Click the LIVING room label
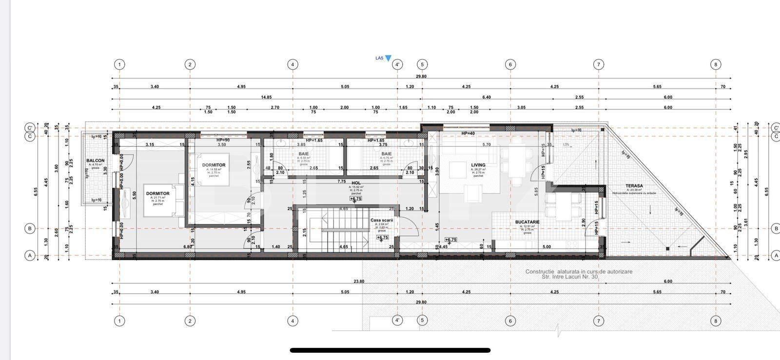point(478,165)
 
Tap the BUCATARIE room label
point(527,222)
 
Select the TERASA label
point(634,186)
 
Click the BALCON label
point(95,160)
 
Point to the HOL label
point(356,183)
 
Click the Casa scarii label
point(381,220)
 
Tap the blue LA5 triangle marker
point(388,58)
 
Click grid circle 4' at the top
point(397,64)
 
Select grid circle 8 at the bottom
point(716,320)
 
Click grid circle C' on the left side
point(30,128)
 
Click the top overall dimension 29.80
point(421,76)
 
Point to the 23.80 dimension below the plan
point(359,281)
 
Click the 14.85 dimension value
point(266,97)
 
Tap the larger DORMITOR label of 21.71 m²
point(158,194)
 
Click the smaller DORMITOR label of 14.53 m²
point(214,165)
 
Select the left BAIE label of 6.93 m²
point(304,154)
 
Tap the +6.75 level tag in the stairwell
point(382,238)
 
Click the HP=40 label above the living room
point(468,133)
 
